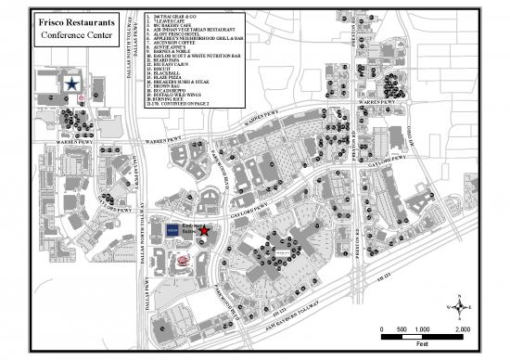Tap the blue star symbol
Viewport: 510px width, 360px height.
(71, 84)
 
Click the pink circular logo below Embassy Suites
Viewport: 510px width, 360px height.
(182, 261)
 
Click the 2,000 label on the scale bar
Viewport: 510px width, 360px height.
(462, 330)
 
